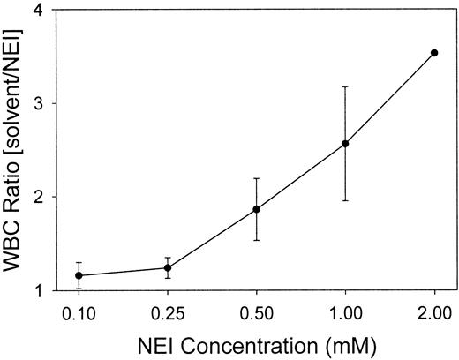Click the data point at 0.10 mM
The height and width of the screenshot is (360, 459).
pyautogui.click(x=79, y=275)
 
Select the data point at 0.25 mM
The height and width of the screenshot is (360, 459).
pyautogui.click(x=168, y=267)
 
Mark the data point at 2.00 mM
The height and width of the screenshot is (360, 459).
pyautogui.click(x=433, y=53)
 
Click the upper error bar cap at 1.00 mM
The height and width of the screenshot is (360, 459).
pyautogui.click(x=345, y=86)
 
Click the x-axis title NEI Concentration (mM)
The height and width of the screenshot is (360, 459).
pyautogui.click(x=256, y=345)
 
